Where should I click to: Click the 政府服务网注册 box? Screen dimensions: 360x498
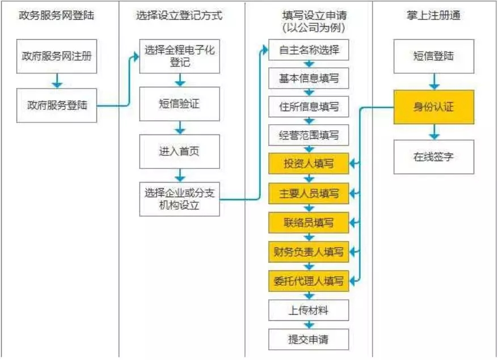[x=57, y=56]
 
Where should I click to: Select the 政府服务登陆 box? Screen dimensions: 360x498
[x=57, y=105]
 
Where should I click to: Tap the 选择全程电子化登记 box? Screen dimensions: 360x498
[x=179, y=56]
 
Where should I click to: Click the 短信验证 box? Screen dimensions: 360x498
[x=179, y=104]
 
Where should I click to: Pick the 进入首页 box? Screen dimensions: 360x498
[x=179, y=151]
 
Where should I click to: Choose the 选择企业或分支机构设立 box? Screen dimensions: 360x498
[x=179, y=199]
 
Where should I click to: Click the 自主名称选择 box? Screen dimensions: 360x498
[x=309, y=50]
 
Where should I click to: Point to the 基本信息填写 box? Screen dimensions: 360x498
[x=309, y=78]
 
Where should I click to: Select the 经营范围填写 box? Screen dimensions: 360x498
[x=309, y=135]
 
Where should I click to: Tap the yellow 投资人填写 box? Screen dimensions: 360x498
[x=309, y=164]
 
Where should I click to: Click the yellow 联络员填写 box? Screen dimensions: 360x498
[x=309, y=222]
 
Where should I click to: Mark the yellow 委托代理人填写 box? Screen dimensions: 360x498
[x=309, y=280]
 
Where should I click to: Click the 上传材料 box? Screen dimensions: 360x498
[x=309, y=310]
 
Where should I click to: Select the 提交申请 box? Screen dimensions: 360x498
[x=309, y=340]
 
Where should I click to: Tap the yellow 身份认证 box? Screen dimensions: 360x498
[x=434, y=107]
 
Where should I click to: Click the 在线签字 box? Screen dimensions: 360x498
[x=434, y=156]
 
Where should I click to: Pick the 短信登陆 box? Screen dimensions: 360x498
[x=434, y=56]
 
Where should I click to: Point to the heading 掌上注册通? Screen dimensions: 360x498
[x=434, y=16]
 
